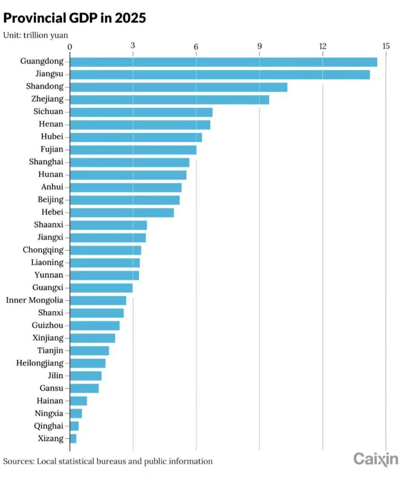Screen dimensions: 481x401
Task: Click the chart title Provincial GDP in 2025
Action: coord(75,18)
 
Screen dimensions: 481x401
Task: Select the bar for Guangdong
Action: coord(224,62)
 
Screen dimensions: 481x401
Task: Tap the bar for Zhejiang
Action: coord(170,99)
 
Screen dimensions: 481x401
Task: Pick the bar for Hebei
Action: coord(122,212)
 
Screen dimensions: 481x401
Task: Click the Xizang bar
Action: coord(73,439)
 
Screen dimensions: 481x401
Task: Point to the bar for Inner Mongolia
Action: coord(98,300)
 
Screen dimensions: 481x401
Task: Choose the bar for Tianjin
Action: coord(89,350)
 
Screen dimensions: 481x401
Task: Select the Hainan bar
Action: coord(78,401)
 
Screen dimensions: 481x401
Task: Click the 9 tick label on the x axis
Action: coord(260,46)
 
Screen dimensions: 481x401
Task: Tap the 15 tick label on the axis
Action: coord(386,46)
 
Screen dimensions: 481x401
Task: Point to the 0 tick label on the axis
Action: coord(70,46)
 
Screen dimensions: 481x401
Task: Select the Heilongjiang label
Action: coord(40,363)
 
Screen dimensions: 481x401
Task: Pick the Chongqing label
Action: coord(43,250)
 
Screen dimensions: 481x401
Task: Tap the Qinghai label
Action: coord(49,426)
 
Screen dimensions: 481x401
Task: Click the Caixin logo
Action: coord(375,459)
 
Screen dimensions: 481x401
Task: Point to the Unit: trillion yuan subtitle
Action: coord(35,35)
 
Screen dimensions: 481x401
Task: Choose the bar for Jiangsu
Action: coord(220,74)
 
